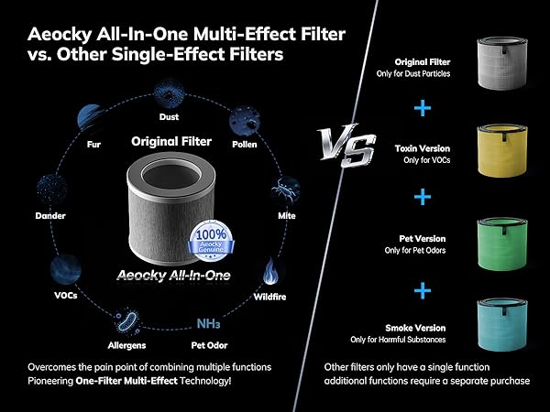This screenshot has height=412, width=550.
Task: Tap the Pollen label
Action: click(x=244, y=144)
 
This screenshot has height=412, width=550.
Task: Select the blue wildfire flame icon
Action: click(x=272, y=274)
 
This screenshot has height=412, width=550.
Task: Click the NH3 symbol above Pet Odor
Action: click(x=207, y=321)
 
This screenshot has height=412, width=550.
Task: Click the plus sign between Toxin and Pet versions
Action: click(x=423, y=197)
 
